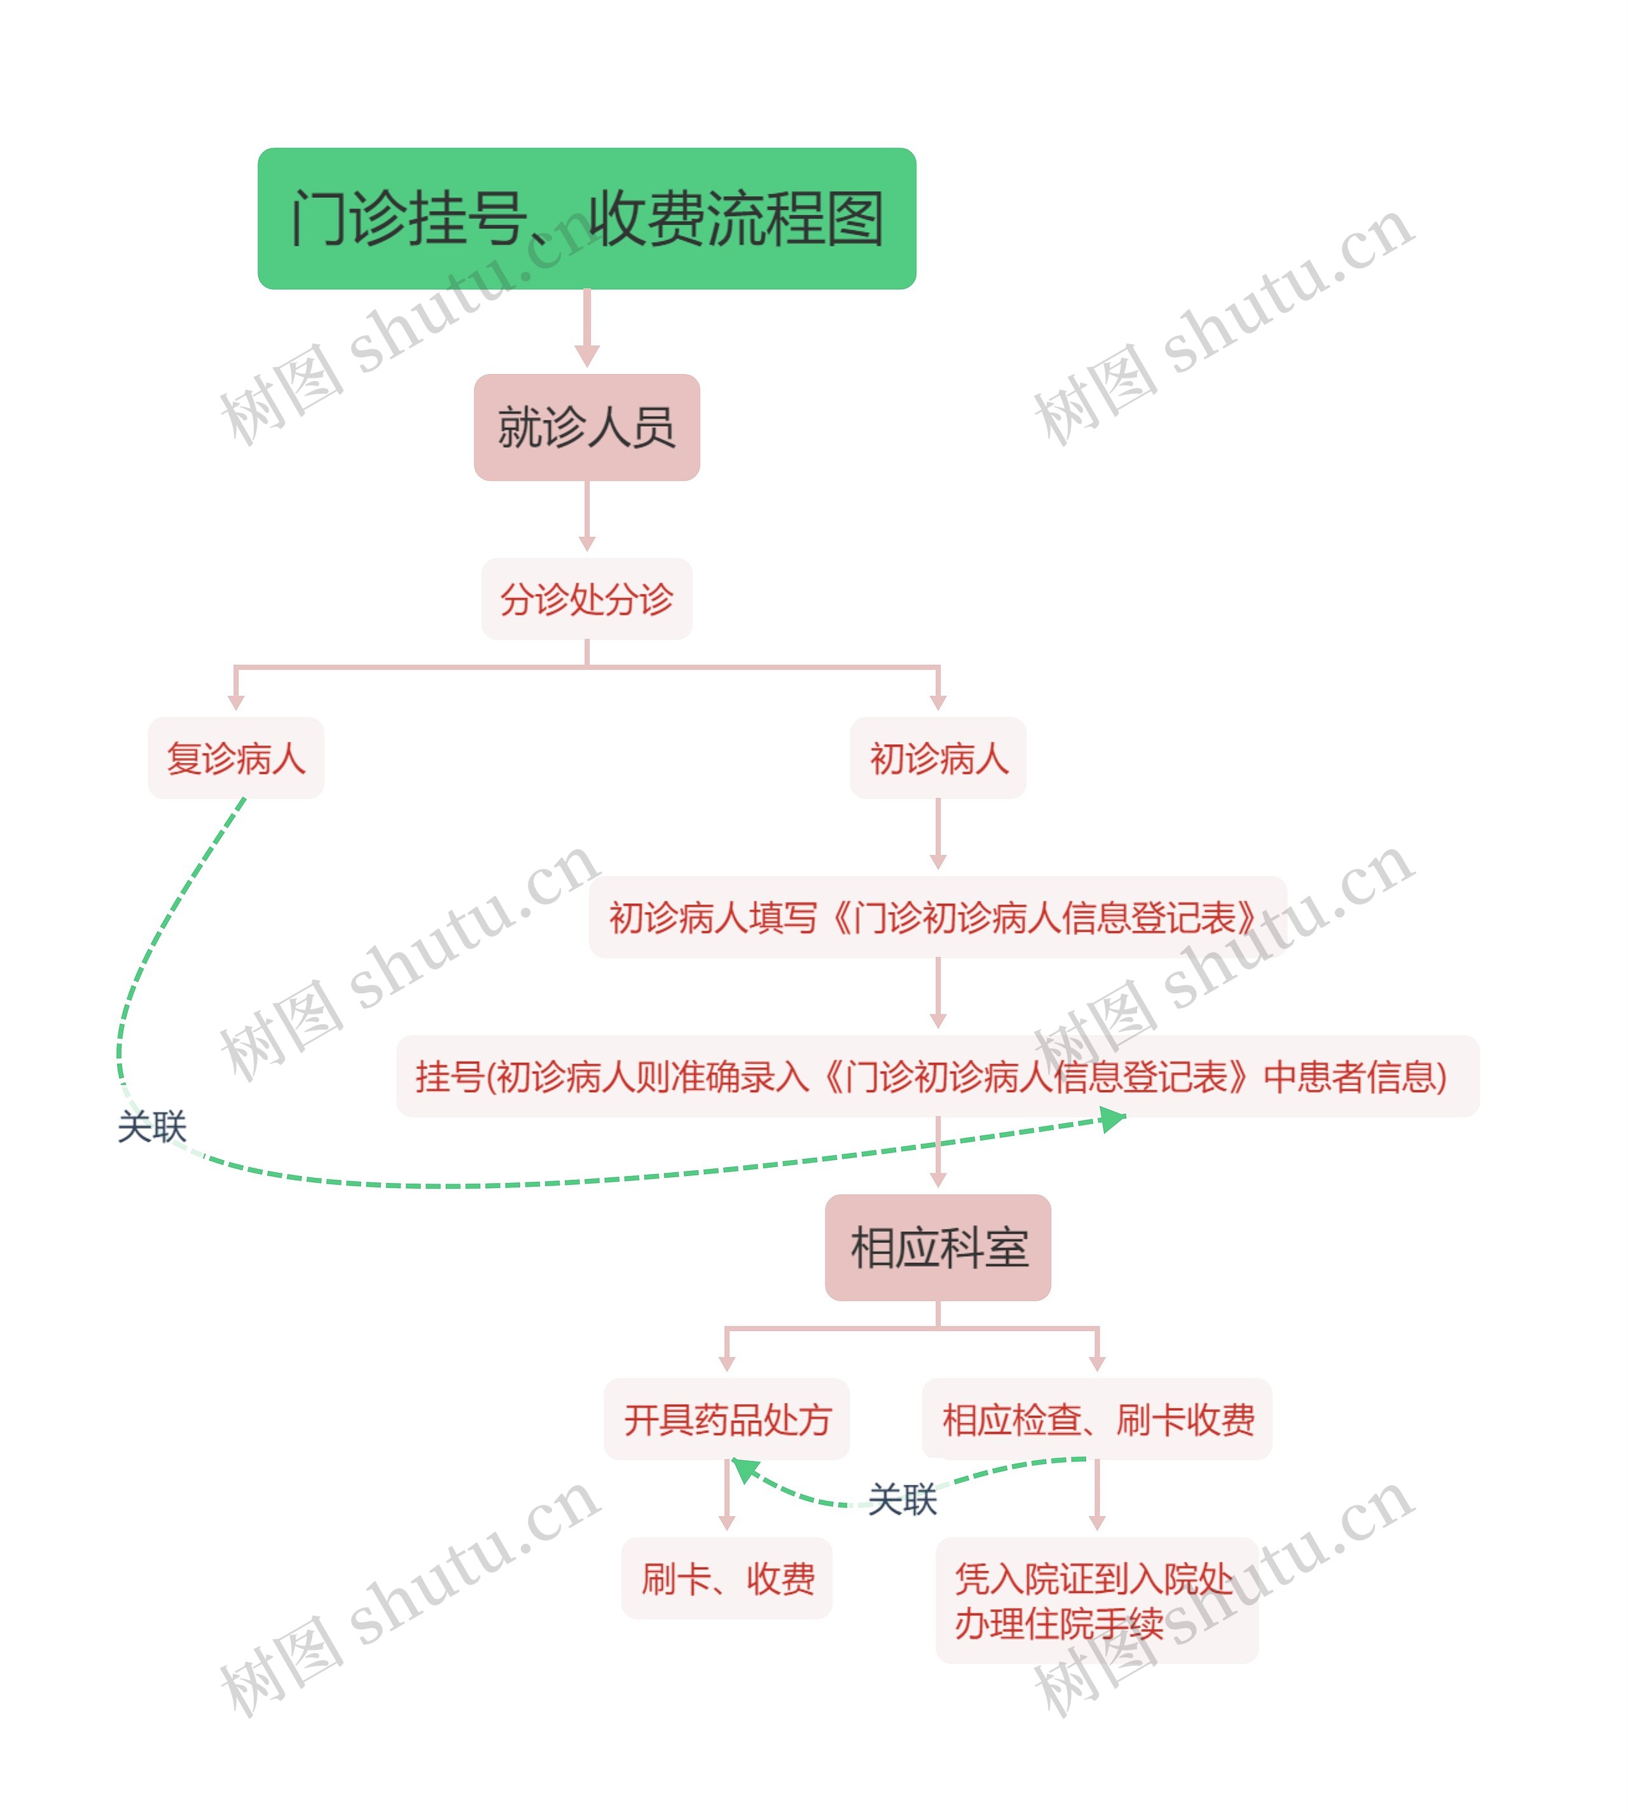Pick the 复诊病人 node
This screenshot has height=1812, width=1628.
[235, 757]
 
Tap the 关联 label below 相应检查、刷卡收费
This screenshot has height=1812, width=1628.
[902, 1499]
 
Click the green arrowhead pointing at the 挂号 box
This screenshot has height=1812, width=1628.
[1112, 1119]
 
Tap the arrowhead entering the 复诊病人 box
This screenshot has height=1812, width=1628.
[236, 703]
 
